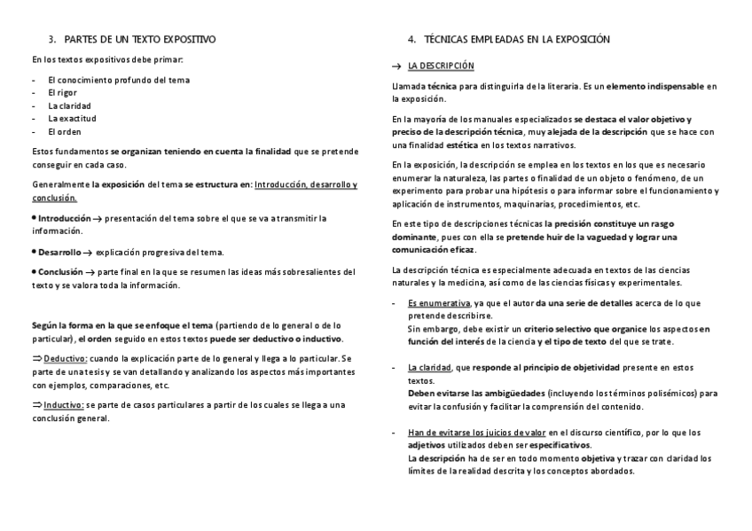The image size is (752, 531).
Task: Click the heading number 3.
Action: (51, 40)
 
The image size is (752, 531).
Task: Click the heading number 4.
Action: (411, 40)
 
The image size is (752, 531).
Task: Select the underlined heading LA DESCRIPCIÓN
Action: (441, 66)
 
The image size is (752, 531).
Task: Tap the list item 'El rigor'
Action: (64, 92)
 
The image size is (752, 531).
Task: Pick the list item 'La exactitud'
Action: (72, 118)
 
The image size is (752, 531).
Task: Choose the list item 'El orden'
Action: (64, 131)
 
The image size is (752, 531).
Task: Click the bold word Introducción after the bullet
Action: (64, 217)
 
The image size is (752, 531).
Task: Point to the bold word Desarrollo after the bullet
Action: (60, 252)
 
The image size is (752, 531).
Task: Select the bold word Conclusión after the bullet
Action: (61, 272)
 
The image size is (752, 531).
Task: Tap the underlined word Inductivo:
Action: (64, 405)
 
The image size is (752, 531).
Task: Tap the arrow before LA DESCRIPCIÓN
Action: (396, 66)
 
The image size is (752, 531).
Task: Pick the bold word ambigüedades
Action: (510, 393)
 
